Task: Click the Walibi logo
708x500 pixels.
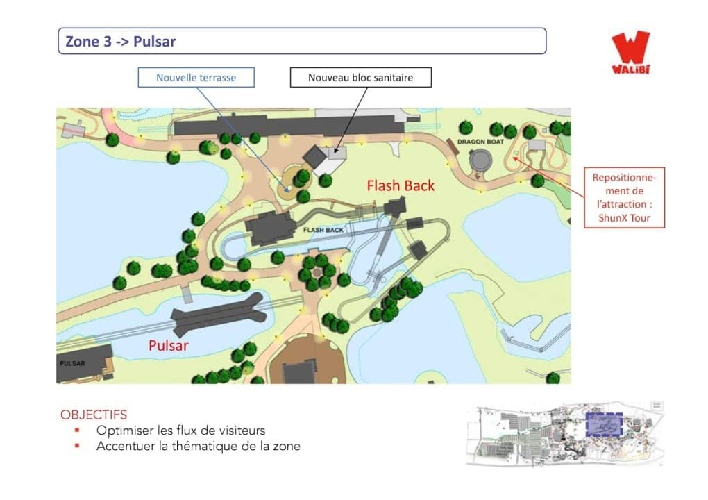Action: pyautogui.click(x=631, y=52)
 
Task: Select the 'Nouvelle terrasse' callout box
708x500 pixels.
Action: pyautogui.click(x=196, y=77)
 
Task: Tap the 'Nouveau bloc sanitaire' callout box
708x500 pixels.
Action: pyautogui.click(x=360, y=77)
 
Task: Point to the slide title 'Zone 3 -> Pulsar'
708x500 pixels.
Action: pyautogui.click(x=121, y=42)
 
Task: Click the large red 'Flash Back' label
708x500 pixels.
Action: pyautogui.click(x=401, y=185)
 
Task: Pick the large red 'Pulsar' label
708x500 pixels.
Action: pyautogui.click(x=168, y=345)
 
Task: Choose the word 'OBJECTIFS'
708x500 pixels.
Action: pyautogui.click(x=94, y=415)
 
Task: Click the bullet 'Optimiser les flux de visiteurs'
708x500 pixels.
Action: pyautogui.click(x=180, y=431)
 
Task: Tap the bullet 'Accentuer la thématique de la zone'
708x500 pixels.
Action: pyautogui.click(x=198, y=446)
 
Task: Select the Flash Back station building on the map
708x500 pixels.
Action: pyautogui.click(x=269, y=228)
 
